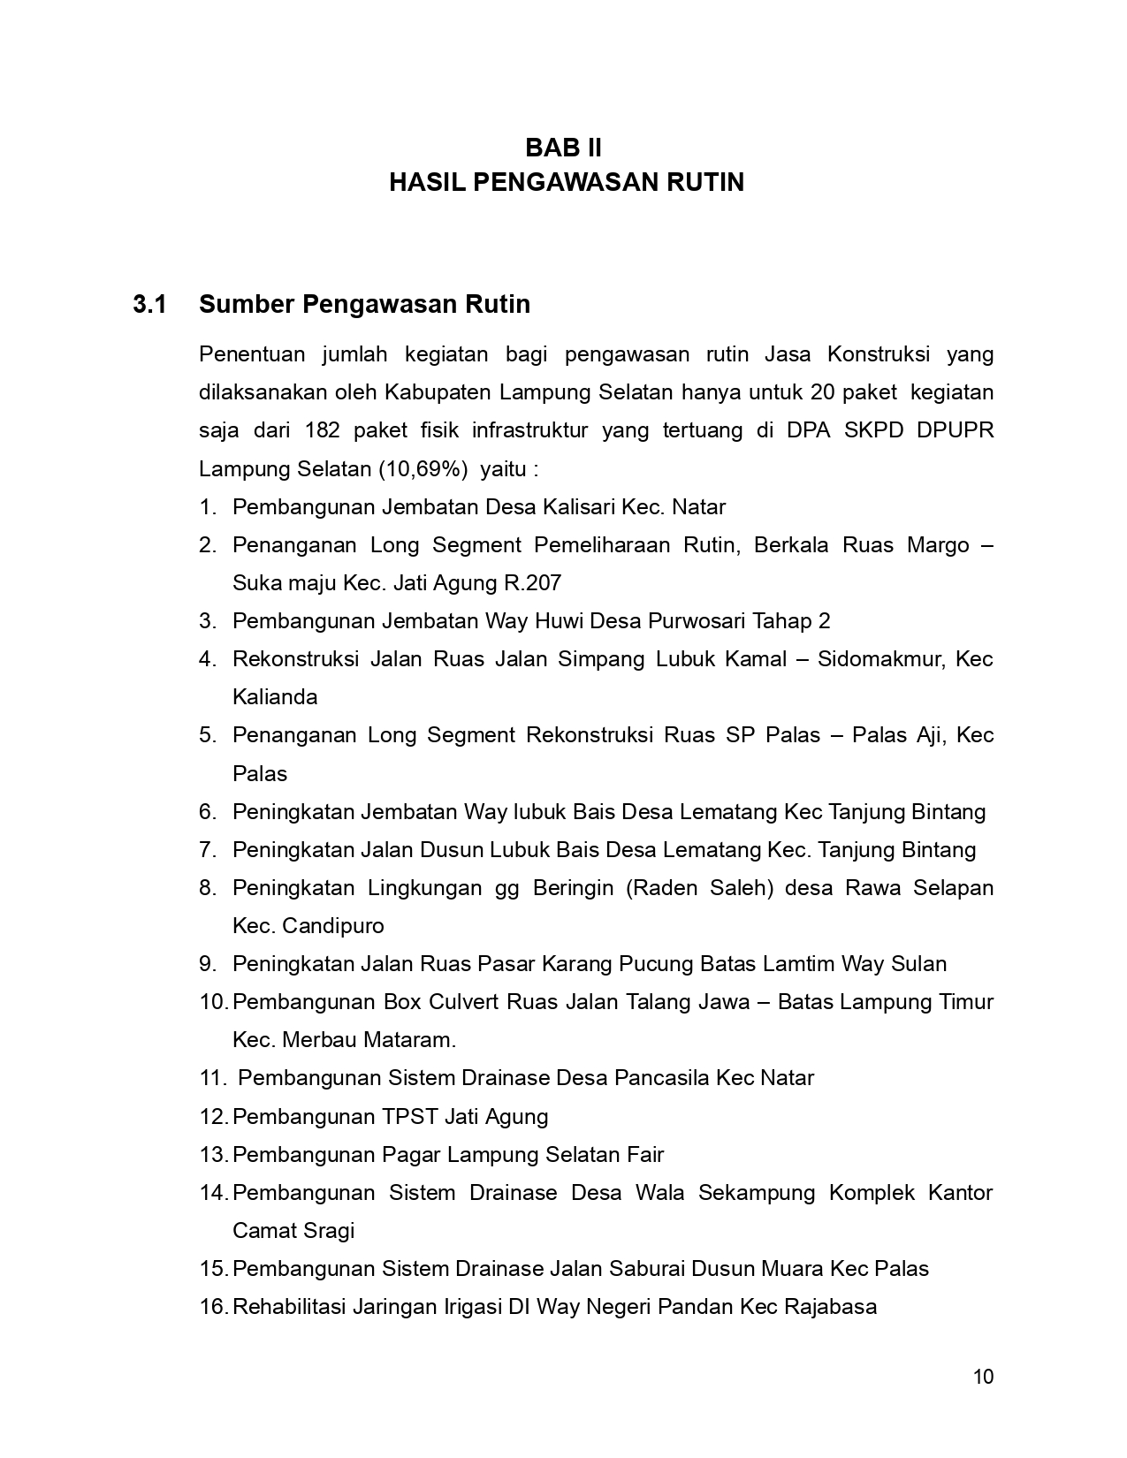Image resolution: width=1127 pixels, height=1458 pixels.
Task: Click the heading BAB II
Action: pyautogui.click(x=563, y=147)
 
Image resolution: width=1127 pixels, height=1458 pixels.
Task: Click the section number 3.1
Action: pyautogui.click(x=149, y=305)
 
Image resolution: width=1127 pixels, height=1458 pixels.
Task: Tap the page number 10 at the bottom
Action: pyautogui.click(x=983, y=1377)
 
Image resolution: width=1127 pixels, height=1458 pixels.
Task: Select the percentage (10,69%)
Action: pyautogui.click(x=423, y=468)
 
